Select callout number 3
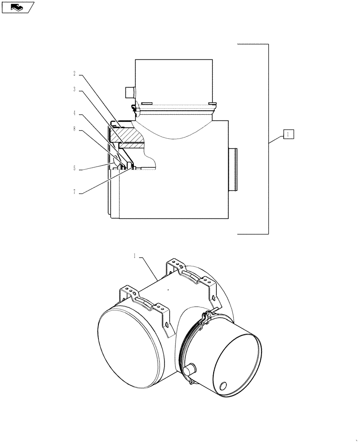tap(74, 89)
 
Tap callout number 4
tap(74, 113)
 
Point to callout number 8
tap(74, 129)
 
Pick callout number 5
tap(74, 168)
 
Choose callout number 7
tap(74, 192)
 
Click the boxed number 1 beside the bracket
tap(288, 133)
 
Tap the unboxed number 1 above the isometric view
tap(135, 256)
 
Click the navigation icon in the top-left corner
tap(18, 7)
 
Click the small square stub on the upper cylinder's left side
tap(129, 92)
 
